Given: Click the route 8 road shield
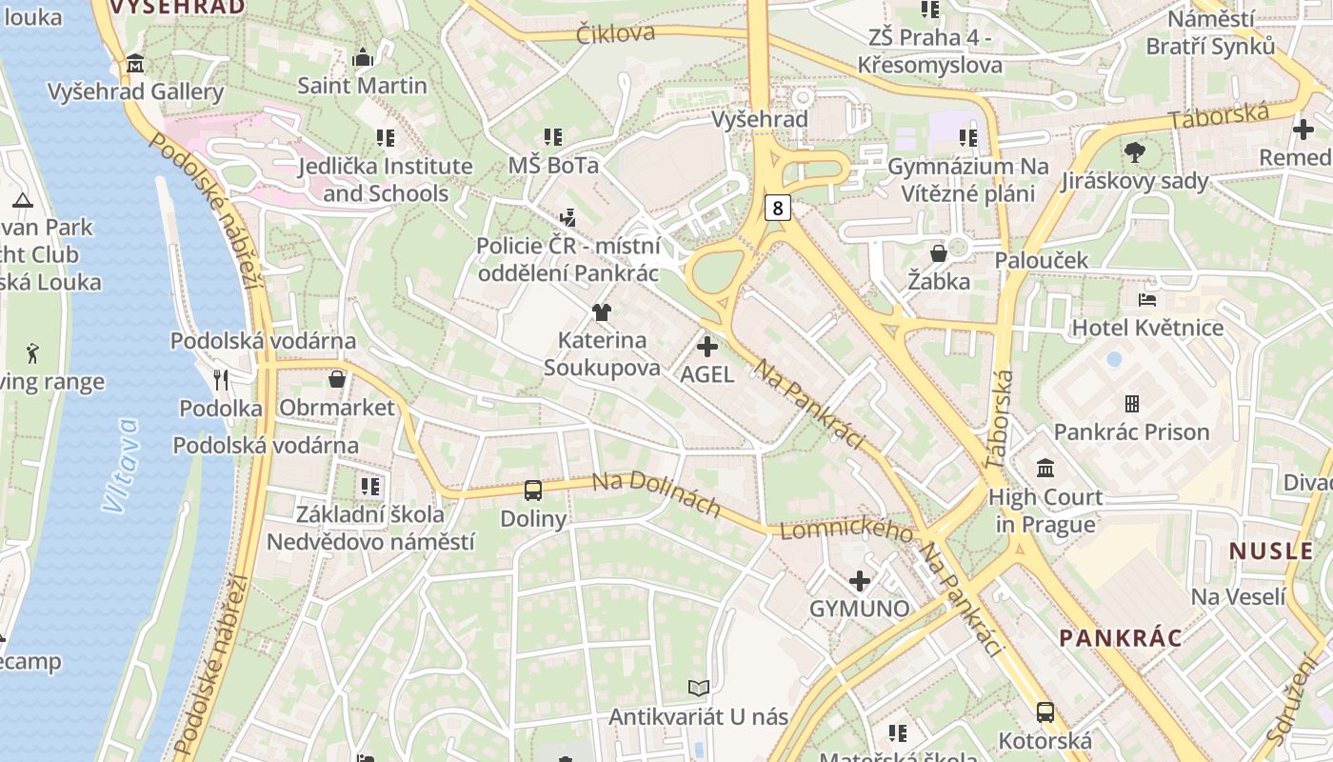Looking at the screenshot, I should (x=778, y=207).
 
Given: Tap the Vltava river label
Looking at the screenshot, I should (x=122, y=466).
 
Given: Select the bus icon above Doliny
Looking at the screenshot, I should (x=533, y=491).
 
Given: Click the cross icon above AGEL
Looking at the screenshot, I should (x=707, y=347).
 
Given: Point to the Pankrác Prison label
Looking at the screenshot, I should (x=1131, y=431).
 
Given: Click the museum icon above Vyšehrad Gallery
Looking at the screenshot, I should (x=135, y=64).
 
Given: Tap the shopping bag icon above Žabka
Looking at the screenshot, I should (x=939, y=253).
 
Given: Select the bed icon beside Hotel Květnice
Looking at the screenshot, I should (x=1147, y=299).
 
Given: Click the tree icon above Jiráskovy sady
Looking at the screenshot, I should (x=1134, y=151).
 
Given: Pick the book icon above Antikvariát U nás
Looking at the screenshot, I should (x=699, y=688).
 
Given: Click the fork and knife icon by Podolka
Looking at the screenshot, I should (x=221, y=380).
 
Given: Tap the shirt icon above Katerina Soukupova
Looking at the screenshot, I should (x=601, y=311).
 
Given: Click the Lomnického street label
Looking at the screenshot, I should (x=846, y=530).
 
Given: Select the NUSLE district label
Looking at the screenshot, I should (x=1271, y=551).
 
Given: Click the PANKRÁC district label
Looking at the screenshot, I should (x=1121, y=638).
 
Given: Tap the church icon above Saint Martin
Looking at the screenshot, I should (x=362, y=58).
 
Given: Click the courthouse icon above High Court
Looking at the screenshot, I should (x=1045, y=468).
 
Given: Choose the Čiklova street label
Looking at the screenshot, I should (x=616, y=33).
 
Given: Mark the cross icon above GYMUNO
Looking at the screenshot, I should (x=860, y=580).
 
